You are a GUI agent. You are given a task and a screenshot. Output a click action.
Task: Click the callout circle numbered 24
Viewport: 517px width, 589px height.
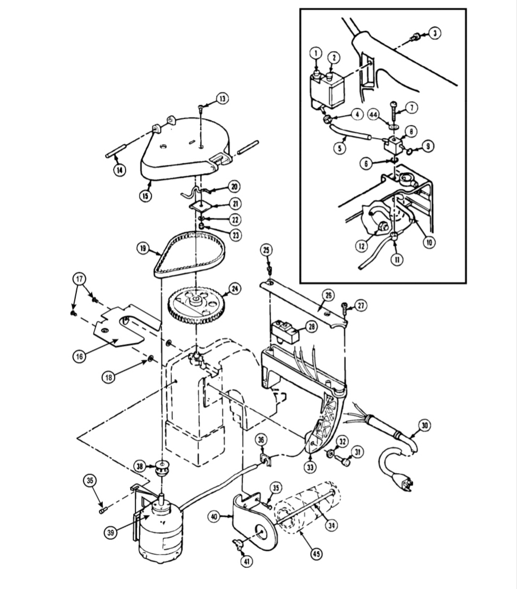[x=235, y=289]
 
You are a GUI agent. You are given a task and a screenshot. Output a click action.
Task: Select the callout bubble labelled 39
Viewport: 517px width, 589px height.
[x=111, y=532]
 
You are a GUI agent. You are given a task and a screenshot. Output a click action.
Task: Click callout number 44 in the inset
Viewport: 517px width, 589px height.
[x=373, y=114]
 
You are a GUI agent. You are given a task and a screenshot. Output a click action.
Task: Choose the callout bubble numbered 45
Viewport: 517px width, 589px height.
[x=317, y=553]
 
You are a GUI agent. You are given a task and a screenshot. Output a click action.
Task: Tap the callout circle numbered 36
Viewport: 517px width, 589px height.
[x=262, y=440]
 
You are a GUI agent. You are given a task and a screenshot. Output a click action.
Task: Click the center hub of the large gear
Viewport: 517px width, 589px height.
[x=195, y=300]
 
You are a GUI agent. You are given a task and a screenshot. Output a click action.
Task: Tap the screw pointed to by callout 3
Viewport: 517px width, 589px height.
[x=415, y=36]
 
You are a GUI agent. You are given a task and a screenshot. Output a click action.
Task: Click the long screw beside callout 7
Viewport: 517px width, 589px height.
[x=394, y=112]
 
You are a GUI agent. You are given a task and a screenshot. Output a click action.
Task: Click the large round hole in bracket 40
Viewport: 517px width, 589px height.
[x=261, y=534]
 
